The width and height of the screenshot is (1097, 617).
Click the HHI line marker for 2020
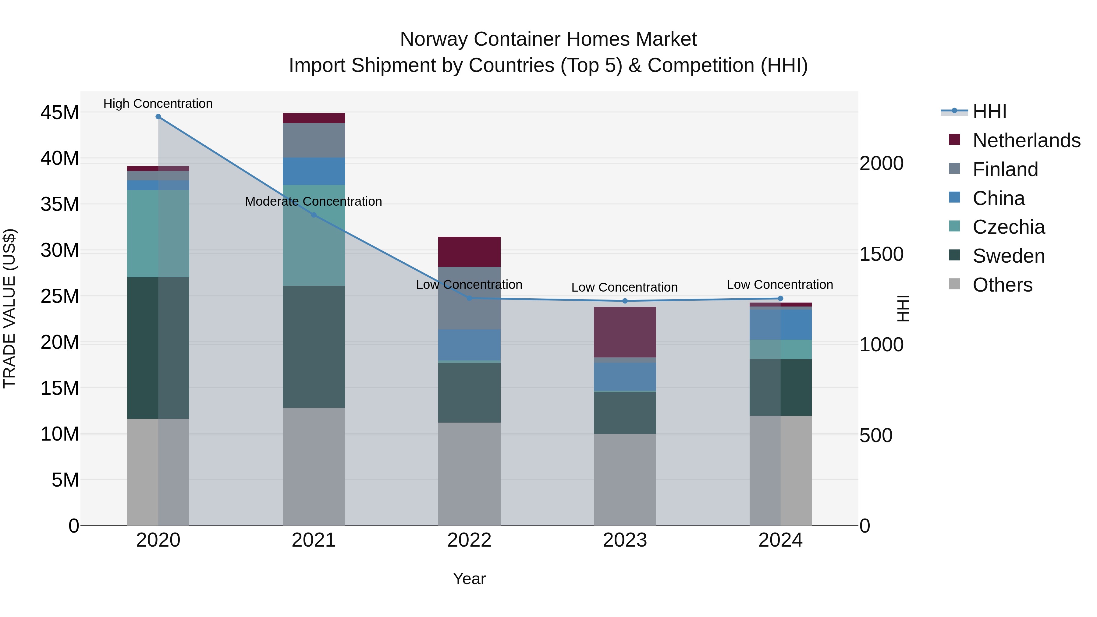pyautogui.click(x=158, y=117)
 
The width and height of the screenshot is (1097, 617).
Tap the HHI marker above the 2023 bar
pyautogui.click(x=625, y=301)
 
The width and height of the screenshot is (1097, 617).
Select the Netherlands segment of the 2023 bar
pyautogui.click(x=625, y=332)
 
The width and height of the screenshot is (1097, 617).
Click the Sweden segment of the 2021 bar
pyautogui.click(x=314, y=347)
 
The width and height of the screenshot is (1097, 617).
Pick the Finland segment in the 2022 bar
pyautogui.click(x=469, y=298)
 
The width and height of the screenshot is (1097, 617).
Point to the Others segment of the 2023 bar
pyautogui.click(x=625, y=480)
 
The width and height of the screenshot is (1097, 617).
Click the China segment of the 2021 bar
pyautogui.click(x=314, y=171)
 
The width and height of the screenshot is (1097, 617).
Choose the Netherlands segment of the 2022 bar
pyautogui.click(x=469, y=252)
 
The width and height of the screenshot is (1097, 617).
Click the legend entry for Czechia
pyautogui.click(x=1008, y=227)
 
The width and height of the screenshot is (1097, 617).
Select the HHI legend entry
pyautogui.click(x=989, y=112)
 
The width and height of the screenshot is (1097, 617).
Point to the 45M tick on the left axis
pyautogui.click(x=60, y=113)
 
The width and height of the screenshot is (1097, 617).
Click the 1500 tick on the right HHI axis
pyautogui.click(x=881, y=254)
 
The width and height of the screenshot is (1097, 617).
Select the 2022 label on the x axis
pyautogui.click(x=469, y=540)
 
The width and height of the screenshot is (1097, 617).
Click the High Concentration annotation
pyautogui.click(x=158, y=104)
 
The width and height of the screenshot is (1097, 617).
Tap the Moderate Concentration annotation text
pyautogui.click(x=314, y=201)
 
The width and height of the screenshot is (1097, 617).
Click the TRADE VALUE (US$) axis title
pyautogui.click(x=9, y=308)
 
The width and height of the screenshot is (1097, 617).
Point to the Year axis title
pyautogui.click(x=469, y=579)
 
